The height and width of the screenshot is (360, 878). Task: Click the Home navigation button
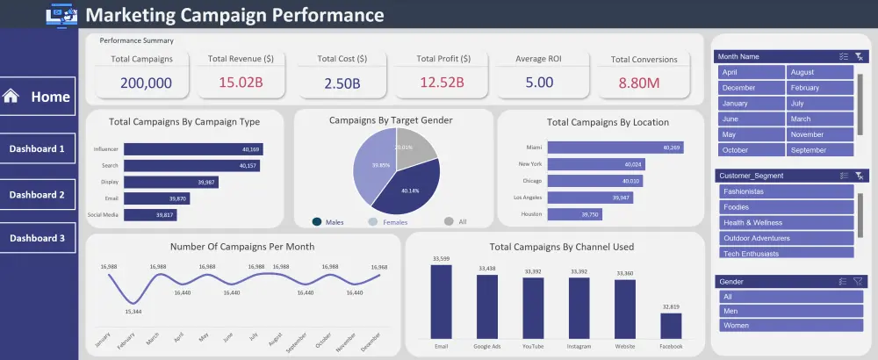(x=38, y=97)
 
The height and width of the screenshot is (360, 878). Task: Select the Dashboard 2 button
(x=38, y=194)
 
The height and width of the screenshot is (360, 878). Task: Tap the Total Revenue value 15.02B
(x=241, y=83)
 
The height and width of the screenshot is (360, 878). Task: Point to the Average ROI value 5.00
(x=539, y=83)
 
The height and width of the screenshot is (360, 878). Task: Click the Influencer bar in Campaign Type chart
(x=193, y=149)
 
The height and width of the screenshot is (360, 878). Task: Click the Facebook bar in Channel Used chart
(x=671, y=325)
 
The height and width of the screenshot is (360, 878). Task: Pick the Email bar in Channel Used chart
(x=441, y=301)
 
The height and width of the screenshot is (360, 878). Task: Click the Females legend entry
(x=394, y=222)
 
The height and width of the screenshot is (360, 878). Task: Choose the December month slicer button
(x=751, y=88)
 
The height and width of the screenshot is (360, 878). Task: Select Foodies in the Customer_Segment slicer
(x=786, y=206)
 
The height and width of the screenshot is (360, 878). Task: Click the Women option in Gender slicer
(x=786, y=325)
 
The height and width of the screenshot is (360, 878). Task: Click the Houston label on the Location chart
(x=532, y=214)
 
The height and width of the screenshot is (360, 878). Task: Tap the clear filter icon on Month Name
(x=859, y=56)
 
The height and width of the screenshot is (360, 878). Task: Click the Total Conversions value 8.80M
(x=644, y=83)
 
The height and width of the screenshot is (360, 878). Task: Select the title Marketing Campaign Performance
(x=234, y=15)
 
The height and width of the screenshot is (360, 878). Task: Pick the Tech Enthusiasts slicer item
(x=786, y=253)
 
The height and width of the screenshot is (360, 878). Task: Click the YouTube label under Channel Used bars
(x=532, y=346)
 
